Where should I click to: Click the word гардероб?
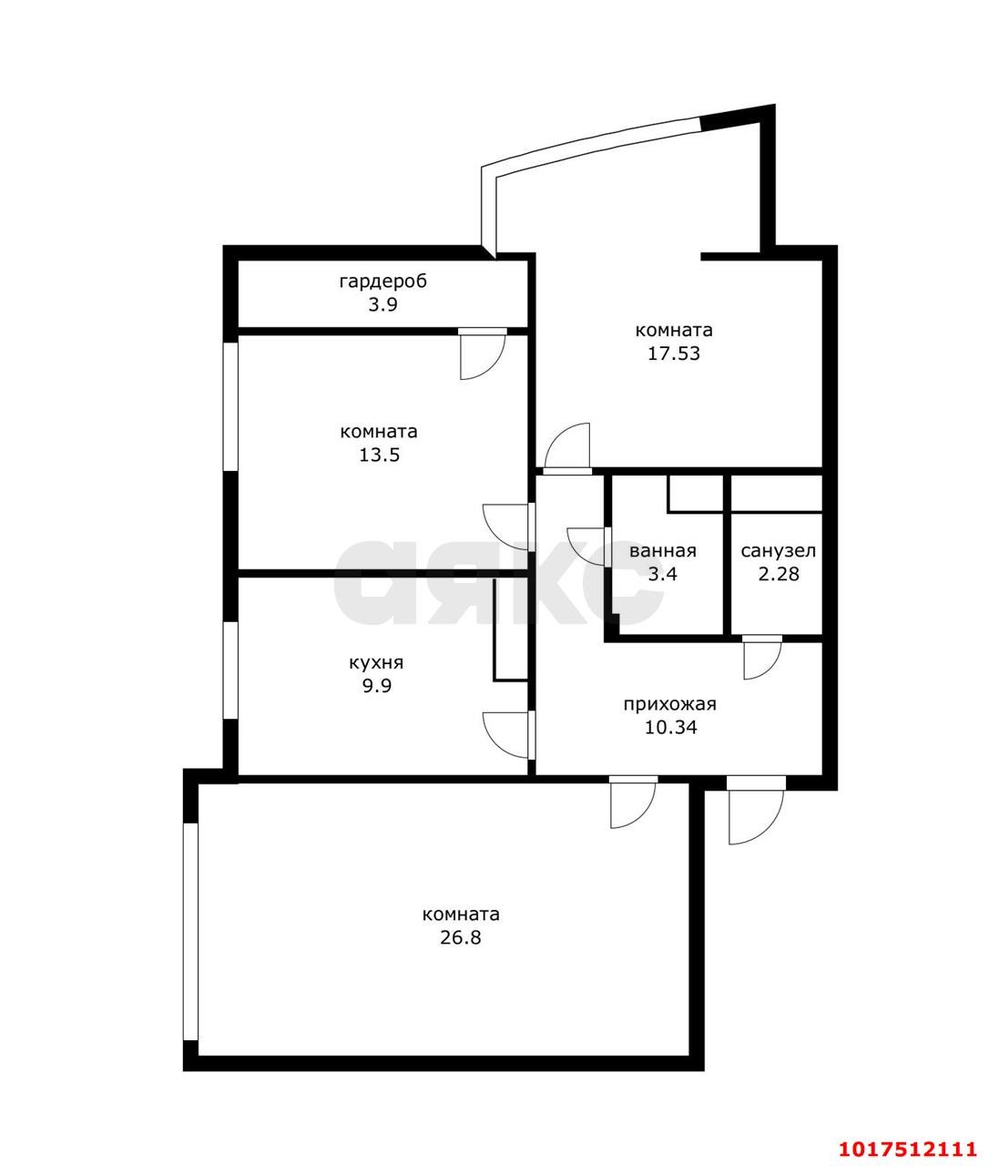tap(383, 281)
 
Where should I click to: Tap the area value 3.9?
tap(383, 304)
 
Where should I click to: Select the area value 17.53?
tap(674, 353)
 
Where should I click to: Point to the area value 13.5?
tap(379, 455)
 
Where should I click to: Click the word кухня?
tap(376, 663)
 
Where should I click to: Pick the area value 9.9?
tap(376, 686)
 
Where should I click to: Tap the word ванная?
tap(663, 550)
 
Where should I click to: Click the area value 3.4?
tap(663, 574)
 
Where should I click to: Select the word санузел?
tap(779, 550)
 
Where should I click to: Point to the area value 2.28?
tap(779, 574)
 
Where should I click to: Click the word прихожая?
tap(670, 704)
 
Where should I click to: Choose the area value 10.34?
tap(670, 727)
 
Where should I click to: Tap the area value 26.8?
tap(460, 937)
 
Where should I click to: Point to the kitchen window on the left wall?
tap(230, 670)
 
